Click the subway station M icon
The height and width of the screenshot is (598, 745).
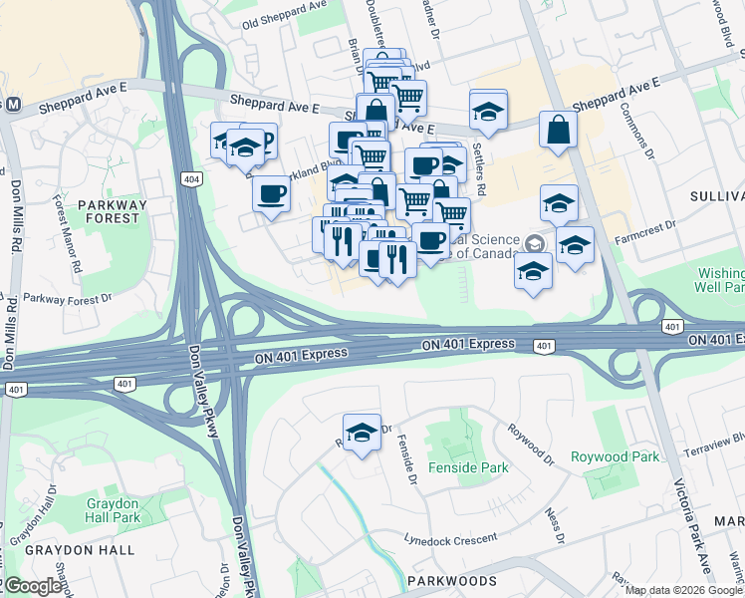13,104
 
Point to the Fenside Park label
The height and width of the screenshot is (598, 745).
468,467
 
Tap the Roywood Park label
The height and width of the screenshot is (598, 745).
615,457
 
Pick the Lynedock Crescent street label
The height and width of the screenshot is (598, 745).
450,538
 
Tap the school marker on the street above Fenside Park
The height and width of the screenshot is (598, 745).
362,433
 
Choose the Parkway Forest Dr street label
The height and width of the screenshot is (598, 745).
68,297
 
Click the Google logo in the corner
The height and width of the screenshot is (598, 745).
33,586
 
